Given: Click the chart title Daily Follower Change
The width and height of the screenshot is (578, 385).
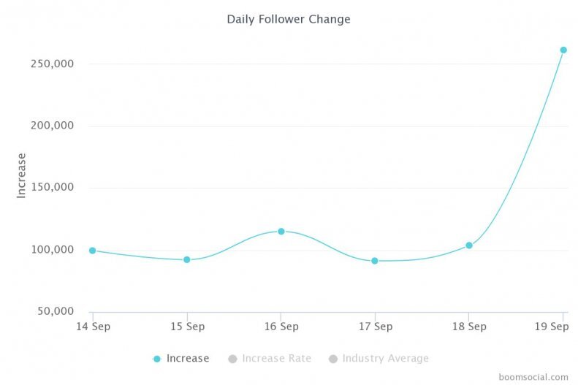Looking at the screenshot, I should [x=289, y=19].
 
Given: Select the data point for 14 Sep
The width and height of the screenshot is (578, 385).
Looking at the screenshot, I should [x=93, y=251].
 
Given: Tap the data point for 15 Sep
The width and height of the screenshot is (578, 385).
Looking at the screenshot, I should [x=187, y=259].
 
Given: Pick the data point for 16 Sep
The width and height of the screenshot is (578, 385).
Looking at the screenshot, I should [x=281, y=232].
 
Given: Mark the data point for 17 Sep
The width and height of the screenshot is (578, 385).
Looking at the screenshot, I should [x=375, y=261].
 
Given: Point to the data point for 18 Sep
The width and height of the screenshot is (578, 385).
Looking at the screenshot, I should [x=469, y=245].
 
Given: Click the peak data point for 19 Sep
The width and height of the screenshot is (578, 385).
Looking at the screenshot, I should [x=563, y=50].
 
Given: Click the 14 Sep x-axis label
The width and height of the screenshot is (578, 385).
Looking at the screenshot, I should [x=93, y=326].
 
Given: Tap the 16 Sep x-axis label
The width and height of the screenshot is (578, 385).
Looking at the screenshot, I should [x=281, y=326].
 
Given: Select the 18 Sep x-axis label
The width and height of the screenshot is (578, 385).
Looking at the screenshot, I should [x=469, y=326].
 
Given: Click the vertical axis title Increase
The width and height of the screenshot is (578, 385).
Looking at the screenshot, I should [x=22, y=175].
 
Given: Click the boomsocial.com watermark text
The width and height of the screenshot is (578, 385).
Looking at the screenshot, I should [x=533, y=377].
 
